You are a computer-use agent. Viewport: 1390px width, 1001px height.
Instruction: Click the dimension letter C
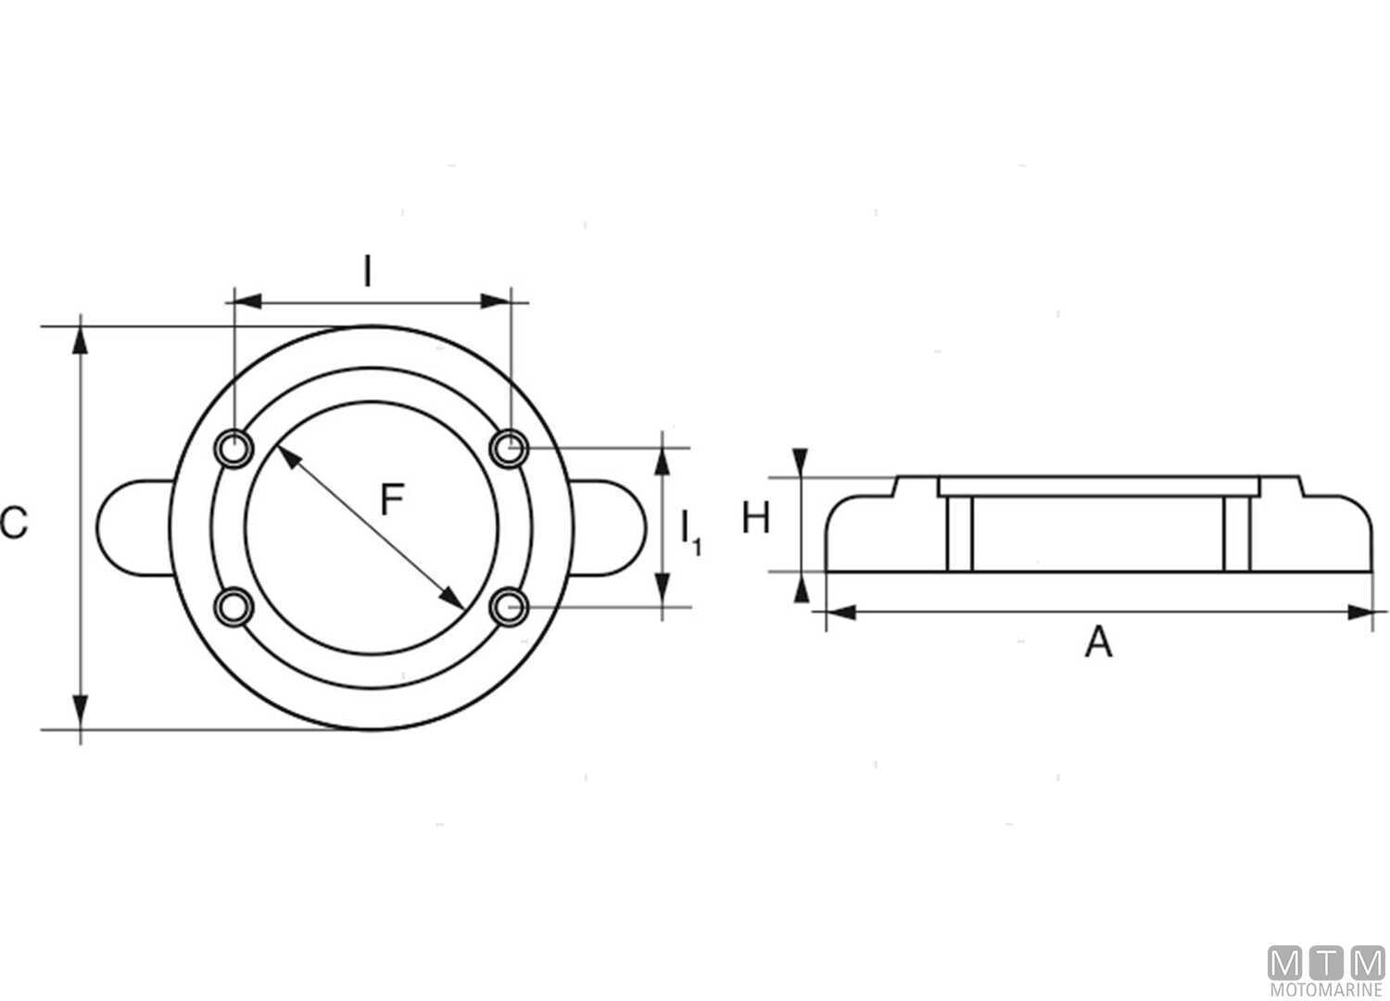[x=14, y=523]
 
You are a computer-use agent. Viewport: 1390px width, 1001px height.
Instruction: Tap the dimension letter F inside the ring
[x=392, y=500]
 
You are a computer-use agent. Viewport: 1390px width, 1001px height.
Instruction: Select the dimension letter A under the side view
[x=1098, y=641]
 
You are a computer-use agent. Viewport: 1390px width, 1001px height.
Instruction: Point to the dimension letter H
[x=756, y=517]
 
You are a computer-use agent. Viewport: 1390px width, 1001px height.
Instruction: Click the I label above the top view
[x=367, y=272]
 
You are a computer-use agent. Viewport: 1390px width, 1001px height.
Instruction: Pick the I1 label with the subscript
[x=690, y=532]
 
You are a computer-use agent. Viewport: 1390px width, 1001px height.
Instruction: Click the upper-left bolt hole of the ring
[x=234, y=448]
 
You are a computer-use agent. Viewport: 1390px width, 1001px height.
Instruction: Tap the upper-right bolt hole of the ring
[x=509, y=448]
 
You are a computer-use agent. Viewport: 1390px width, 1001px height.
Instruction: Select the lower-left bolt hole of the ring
[x=234, y=606]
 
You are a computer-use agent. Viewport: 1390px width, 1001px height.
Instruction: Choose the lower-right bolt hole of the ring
[x=509, y=606]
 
